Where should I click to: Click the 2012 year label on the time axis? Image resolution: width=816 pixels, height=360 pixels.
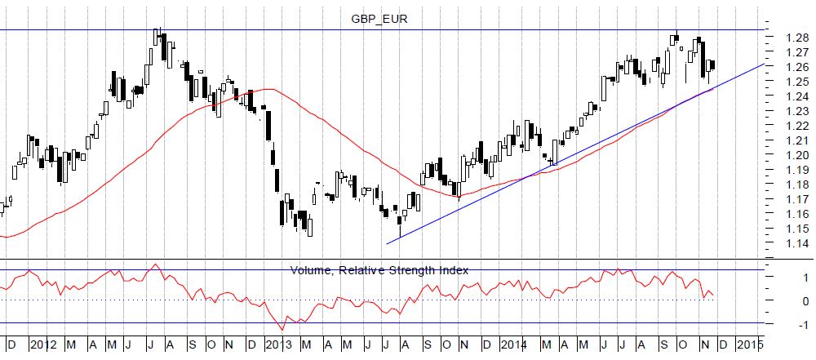pyautogui.click(x=42, y=344)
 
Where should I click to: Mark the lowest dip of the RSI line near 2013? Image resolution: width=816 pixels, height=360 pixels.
pyautogui.click(x=282, y=329)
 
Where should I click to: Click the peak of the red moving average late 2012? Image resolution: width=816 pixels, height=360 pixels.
pyautogui.click(x=269, y=89)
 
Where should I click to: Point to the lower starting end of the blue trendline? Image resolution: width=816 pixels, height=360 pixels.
pyautogui.click(x=388, y=242)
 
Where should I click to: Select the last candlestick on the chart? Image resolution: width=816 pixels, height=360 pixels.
pyautogui.click(x=712, y=65)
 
